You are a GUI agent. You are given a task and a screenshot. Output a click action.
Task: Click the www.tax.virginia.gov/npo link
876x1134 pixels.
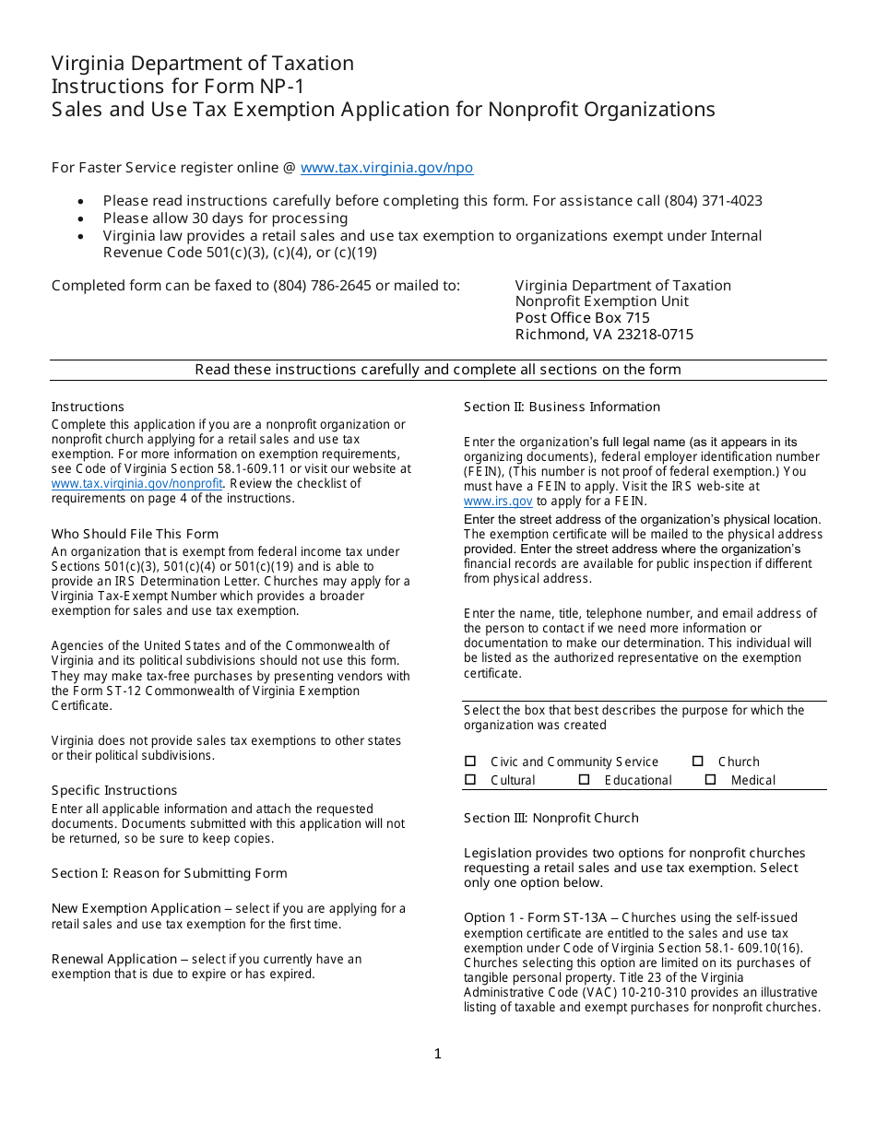(386, 168)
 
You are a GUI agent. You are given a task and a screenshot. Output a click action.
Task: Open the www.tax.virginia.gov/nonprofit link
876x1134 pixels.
(136, 483)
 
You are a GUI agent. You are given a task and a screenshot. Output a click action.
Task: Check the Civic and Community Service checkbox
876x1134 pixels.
(470, 762)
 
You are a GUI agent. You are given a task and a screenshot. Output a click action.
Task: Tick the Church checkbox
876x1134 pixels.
(698, 762)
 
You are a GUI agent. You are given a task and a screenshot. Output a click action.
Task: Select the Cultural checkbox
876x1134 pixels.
(470, 780)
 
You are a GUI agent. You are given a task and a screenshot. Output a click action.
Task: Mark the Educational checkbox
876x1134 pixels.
(585, 780)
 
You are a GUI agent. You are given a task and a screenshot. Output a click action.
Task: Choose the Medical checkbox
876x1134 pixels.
(711, 780)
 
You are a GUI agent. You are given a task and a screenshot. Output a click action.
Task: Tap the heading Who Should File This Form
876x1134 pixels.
(135, 534)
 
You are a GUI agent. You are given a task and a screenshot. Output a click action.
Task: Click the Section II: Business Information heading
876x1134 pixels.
(562, 407)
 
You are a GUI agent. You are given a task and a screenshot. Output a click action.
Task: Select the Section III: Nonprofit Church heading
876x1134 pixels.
(550, 818)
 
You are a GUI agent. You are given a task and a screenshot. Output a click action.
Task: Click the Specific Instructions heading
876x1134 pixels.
(114, 790)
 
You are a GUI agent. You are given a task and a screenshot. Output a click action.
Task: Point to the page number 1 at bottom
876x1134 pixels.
(438, 1054)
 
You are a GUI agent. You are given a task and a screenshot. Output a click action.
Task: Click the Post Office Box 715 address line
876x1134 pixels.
(583, 318)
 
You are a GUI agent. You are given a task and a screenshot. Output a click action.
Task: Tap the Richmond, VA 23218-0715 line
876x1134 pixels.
(604, 335)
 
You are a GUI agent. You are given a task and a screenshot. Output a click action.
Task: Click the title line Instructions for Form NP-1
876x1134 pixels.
(177, 87)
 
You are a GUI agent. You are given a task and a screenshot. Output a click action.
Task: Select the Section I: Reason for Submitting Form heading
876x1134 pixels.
(169, 873)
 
